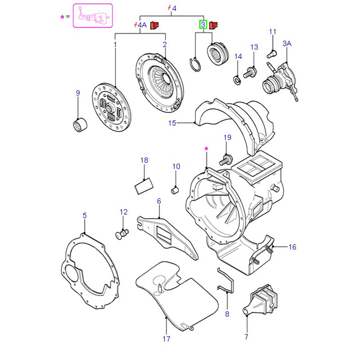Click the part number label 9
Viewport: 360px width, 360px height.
tap(77, 93)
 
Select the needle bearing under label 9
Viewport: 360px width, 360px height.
tap(80, 125)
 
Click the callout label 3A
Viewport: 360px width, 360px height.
tap(287, 44)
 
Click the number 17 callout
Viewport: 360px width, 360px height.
tap(166, 338)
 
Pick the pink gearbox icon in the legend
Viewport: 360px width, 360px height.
tap(92, 17)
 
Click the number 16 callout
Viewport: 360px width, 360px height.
tap(292, 247)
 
